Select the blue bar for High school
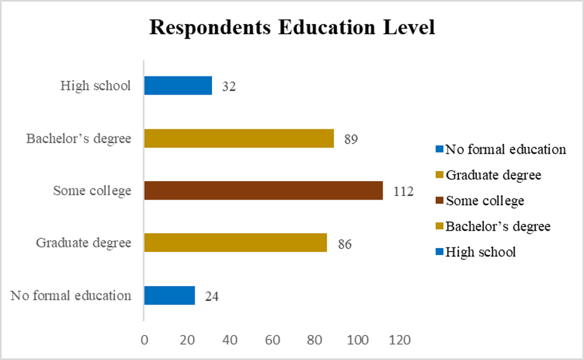coord(178,86)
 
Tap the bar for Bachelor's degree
coord(239,138)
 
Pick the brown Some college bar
coord(263,190)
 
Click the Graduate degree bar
coord(235,242)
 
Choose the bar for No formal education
coord(169,295)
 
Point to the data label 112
coord(403,192)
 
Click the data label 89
coord(351,139)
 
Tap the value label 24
coord(211,297)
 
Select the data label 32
coord(228,87)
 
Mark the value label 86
coord(344,244)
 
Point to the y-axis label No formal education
coord(71,295)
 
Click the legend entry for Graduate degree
coord(493,175)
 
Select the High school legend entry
coord(481,252)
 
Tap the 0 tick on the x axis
coord(144,340)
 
